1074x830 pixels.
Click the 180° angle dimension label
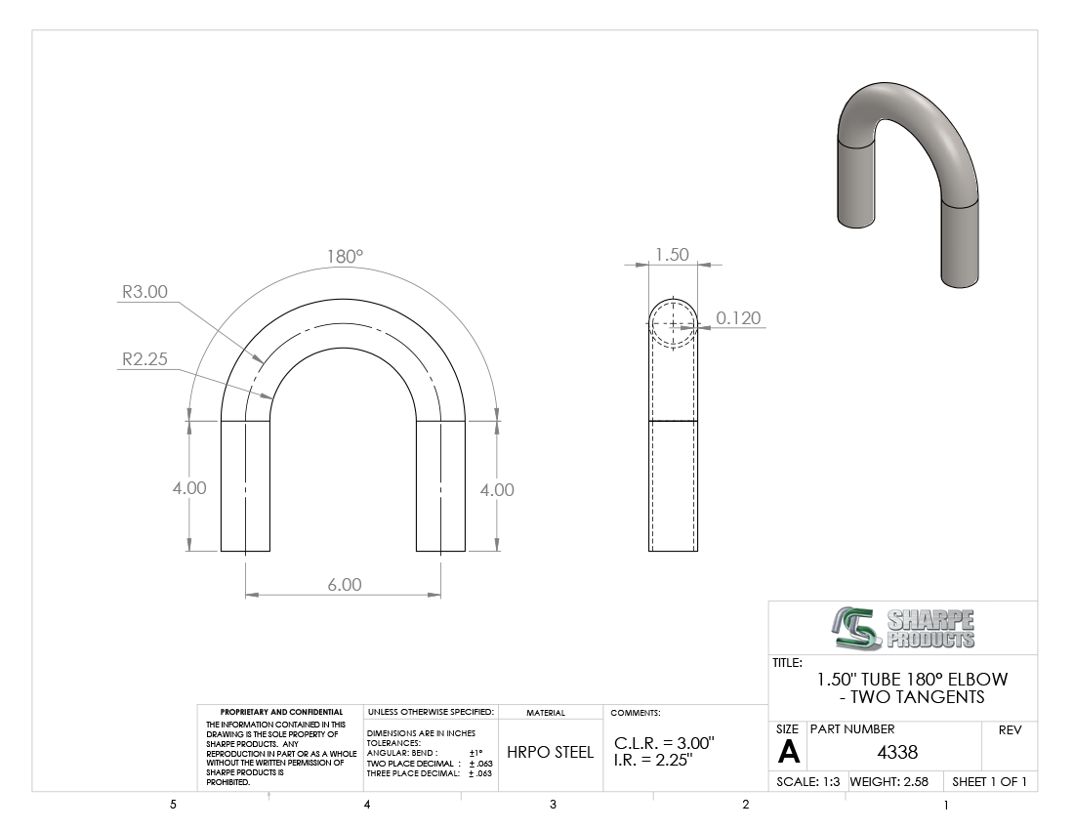pyautogui.click(x=345, y=256)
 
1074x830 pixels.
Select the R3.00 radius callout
pyautogui.click(x=145, y=292)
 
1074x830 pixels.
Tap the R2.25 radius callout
pyautogui.click(x=145, y=358)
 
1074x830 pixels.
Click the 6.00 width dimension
pyautogui.click(x=344, y=584)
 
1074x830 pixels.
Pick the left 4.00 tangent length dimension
pyautogui.click(x=189, y=487)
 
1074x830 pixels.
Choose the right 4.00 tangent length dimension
pyautogui.click(x=497, y=489)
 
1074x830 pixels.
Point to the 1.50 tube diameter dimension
pyautogui.click(x=672, y=255)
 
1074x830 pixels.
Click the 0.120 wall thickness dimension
pyautogui.click(x=738, y=317)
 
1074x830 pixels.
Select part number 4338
pyautogui.click(x=897, y=752)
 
